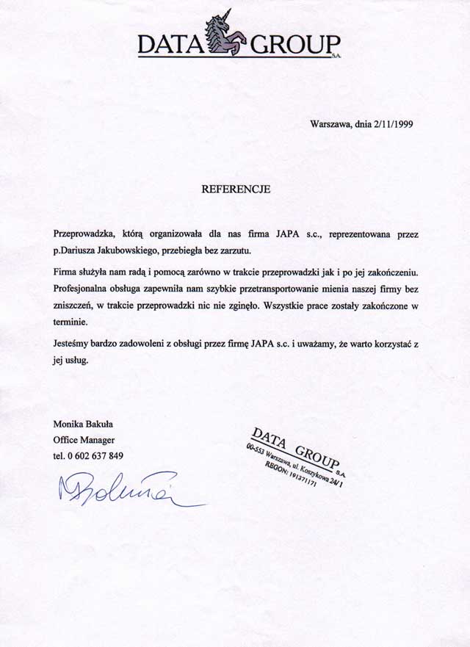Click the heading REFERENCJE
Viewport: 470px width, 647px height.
236,189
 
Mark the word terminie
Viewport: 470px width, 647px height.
70,322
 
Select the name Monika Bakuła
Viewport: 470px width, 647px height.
82,423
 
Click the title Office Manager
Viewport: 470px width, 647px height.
84,440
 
